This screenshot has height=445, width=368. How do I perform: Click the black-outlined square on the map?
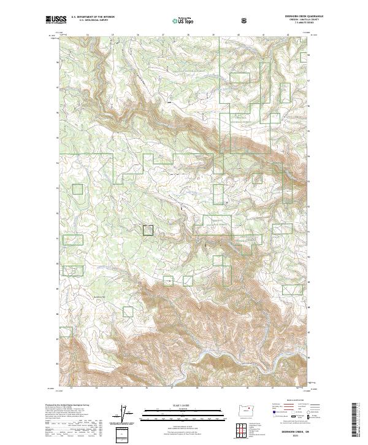(x=148, y=230)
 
